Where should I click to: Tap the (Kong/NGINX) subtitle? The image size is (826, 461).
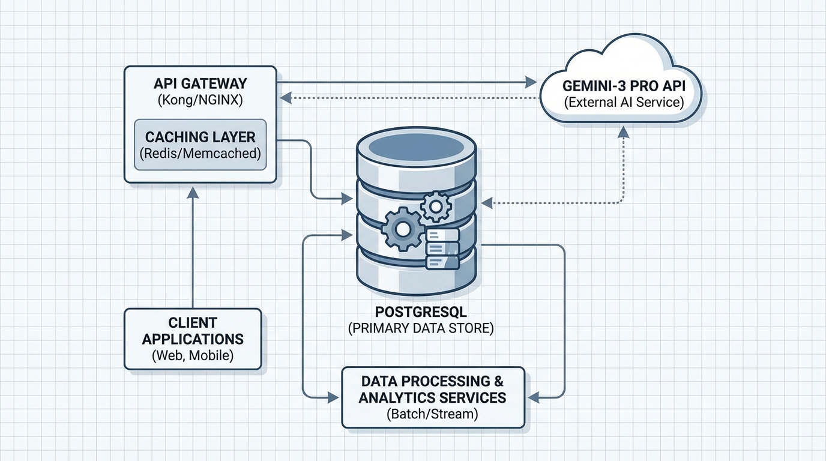(199, 100)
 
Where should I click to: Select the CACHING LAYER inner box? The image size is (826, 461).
(200, 144)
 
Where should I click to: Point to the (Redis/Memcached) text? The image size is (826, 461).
(200, 153)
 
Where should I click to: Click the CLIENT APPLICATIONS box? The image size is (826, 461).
(193, 339)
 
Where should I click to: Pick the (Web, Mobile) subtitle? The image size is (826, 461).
(193, 355)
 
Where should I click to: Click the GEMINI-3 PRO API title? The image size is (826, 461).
(624, 86)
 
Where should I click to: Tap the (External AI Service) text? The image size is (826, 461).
(624, 102)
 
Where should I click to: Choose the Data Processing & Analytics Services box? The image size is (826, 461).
(433, 397)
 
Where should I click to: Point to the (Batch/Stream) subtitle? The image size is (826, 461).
(432, 414)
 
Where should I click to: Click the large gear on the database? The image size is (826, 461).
(402, 229)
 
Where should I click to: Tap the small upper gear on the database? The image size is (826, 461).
(436, 207)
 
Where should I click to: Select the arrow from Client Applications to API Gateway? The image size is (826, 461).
(193, 252)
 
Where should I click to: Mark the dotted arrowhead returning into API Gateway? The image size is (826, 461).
(287, 97)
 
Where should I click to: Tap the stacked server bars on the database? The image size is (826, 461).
(442, 248)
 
